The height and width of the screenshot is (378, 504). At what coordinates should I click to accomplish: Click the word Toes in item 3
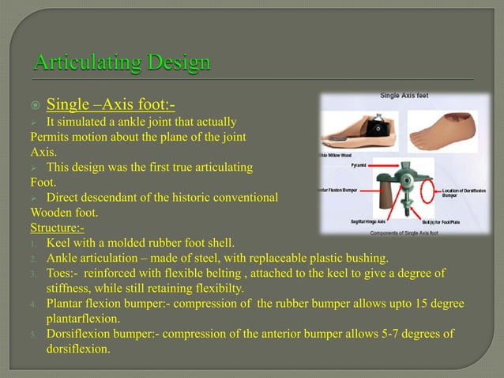click(60, 273)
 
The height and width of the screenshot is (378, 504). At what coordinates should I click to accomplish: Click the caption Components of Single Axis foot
click(406, 232)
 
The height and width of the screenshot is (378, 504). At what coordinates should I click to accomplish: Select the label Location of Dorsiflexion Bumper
click(463, 192)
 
